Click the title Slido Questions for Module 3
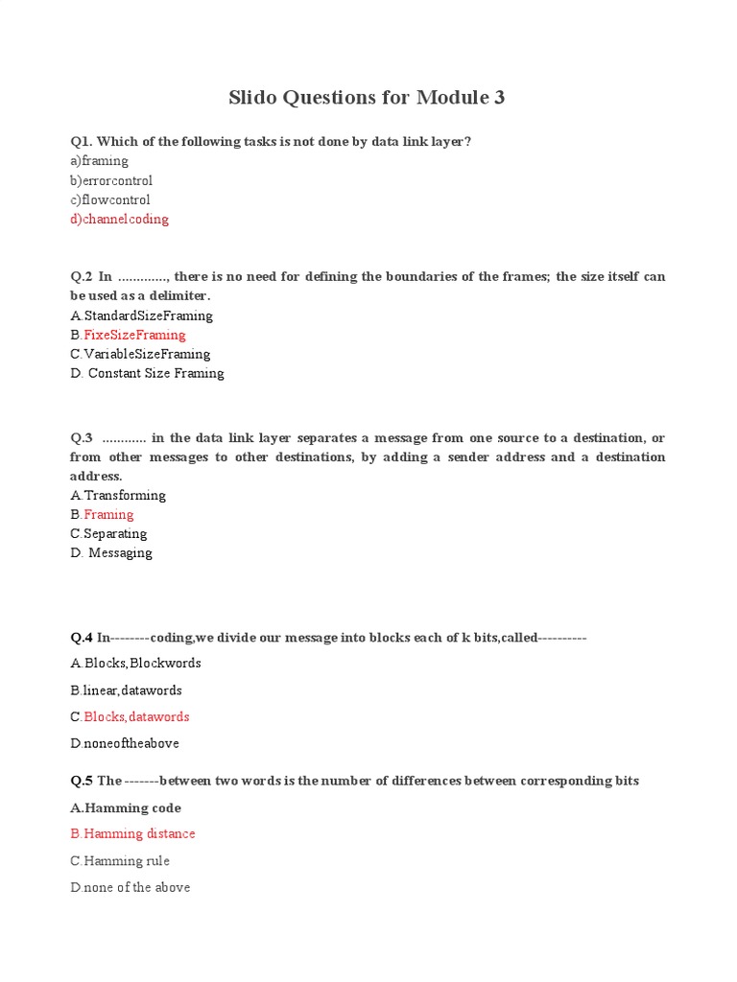[x=367, y=97]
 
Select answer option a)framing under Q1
[x=99, y=161]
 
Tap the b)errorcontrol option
[x=111, y=180]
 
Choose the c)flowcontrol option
[x=110, y=199]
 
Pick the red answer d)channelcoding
[x=119, y=219]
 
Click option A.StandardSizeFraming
[x=141, y=316]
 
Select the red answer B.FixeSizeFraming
[x=128, y=335]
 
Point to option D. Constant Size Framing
[x=147, y=373]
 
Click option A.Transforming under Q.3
[x=118, y=495]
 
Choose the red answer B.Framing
[x=102, y=514]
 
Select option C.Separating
[x=108, y=533]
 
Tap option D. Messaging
[x=111, y=552]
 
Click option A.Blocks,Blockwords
[x=135, y=663]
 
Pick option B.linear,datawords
[x=126, y=690]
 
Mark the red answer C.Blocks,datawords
[x=130, y=716]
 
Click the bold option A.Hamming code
[x=126, y=807]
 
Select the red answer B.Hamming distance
[x=132, y=833]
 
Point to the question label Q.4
[x=81, y=637]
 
